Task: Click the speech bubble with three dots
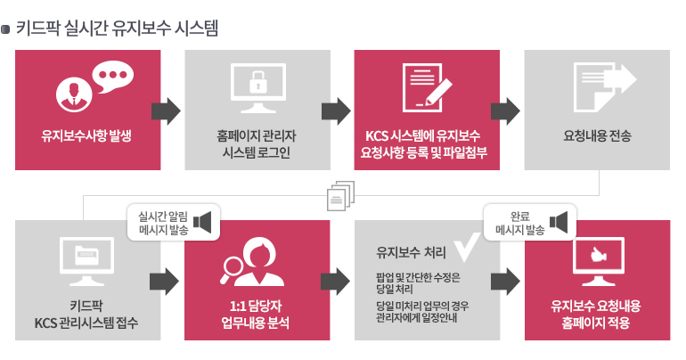click(113, 76)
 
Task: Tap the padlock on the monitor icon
click(257, 82)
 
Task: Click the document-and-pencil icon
click(427, 87)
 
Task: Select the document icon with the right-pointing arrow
click(605, 86)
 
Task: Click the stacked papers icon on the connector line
click(340, 195)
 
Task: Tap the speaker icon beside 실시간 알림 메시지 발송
click(202, 223)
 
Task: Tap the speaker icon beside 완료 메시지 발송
click(559, 222)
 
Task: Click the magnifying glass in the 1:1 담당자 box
click(232, 267)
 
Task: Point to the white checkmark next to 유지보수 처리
click(467, 248)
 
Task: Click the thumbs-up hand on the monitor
click(598, 255)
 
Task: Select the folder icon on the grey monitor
click(86, 256)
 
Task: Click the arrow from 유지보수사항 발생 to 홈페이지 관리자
click(166, 111)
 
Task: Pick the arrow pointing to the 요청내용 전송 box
click(505, 111)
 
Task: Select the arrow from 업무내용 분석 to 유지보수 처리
click(335, 282)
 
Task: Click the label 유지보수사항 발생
click(86, 135)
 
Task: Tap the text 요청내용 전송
click(597, 135)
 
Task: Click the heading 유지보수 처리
click(412, 252)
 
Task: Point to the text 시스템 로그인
click(257, 152)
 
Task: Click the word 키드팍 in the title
click(37, 29)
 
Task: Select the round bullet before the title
click(5, 29)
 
